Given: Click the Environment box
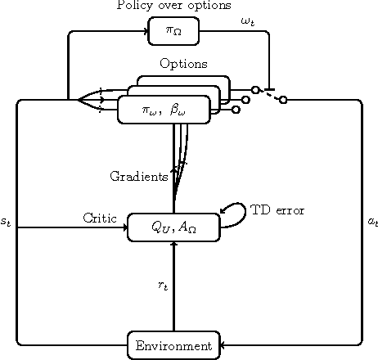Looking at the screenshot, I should click(x=174, y=345).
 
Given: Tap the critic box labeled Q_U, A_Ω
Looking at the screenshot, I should click(x=173, y=228).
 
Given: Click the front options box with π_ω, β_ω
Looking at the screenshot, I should click(x=164, y=110).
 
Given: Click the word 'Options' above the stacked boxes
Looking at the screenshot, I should click(x=183, y=64).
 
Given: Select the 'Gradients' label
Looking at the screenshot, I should click(x=138, y=176).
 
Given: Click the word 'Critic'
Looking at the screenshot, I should click(x=102, y=218).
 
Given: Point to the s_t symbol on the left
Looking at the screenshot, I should click(x=7, y=222).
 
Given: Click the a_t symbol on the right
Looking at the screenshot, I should click(x=372, y=222).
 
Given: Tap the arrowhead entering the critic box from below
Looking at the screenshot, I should click(x=173, y=245).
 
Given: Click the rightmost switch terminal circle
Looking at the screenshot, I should click(x=283, y=100).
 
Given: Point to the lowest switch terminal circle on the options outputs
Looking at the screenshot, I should click(x=236, y=110).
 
